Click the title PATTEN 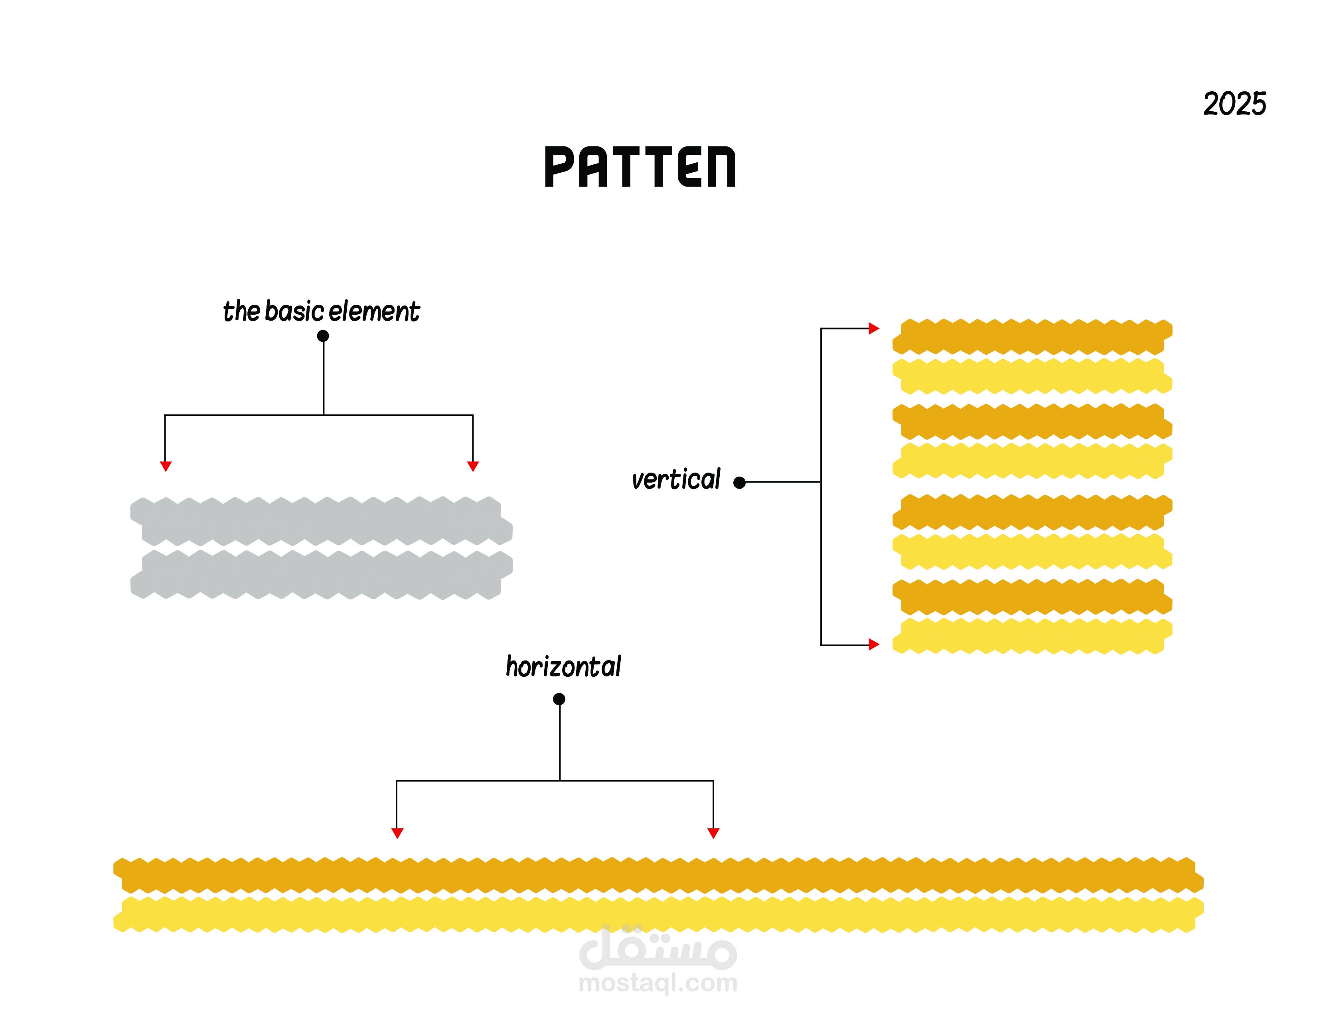(x=640, y=167)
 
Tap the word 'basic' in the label (x=294, y=311)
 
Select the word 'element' (x=374, y=311)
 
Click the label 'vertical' (x=675, y=480)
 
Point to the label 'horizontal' (x=563, y=667)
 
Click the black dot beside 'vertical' (x=739, y=482)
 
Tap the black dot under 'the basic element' (x=323, y=336)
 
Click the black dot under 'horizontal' (x=559, y=699)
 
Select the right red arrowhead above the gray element (x=473, y=466)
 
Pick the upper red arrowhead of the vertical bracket (x=874, y=329)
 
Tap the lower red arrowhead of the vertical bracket (x=874, y=645)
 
